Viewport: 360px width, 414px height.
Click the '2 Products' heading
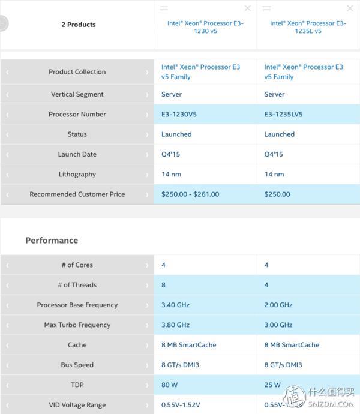pos(78,25)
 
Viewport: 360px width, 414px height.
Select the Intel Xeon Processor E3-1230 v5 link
pos(205,27)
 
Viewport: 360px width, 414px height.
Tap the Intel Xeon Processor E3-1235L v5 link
pos(308,27)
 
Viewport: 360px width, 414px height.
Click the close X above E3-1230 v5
pos(247,8)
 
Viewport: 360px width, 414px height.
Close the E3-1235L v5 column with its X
pos(350,8)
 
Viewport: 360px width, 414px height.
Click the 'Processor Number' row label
pos(77,114)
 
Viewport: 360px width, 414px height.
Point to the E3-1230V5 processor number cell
pos(179,114)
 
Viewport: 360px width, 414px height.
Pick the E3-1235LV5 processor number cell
pos(283,114)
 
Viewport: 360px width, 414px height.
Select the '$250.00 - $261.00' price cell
pos(190,194)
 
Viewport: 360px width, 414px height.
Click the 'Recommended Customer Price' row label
pos(77,194)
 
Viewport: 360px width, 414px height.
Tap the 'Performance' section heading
pos(52,241)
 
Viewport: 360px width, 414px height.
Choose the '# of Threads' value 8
pos(164,285)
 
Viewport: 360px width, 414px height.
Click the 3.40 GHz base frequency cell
pos(175,305)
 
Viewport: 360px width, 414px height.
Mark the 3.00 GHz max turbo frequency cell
pos(278,325)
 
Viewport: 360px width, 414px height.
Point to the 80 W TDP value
pos(170,385)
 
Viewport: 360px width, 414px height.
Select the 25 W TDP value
pos(272,385)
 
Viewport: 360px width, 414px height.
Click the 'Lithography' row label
pos(77,175)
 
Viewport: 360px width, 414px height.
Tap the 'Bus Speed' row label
pos(77,365)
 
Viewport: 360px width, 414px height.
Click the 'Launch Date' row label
pos(77,154)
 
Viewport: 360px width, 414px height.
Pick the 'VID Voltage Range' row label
pos(77,405)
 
